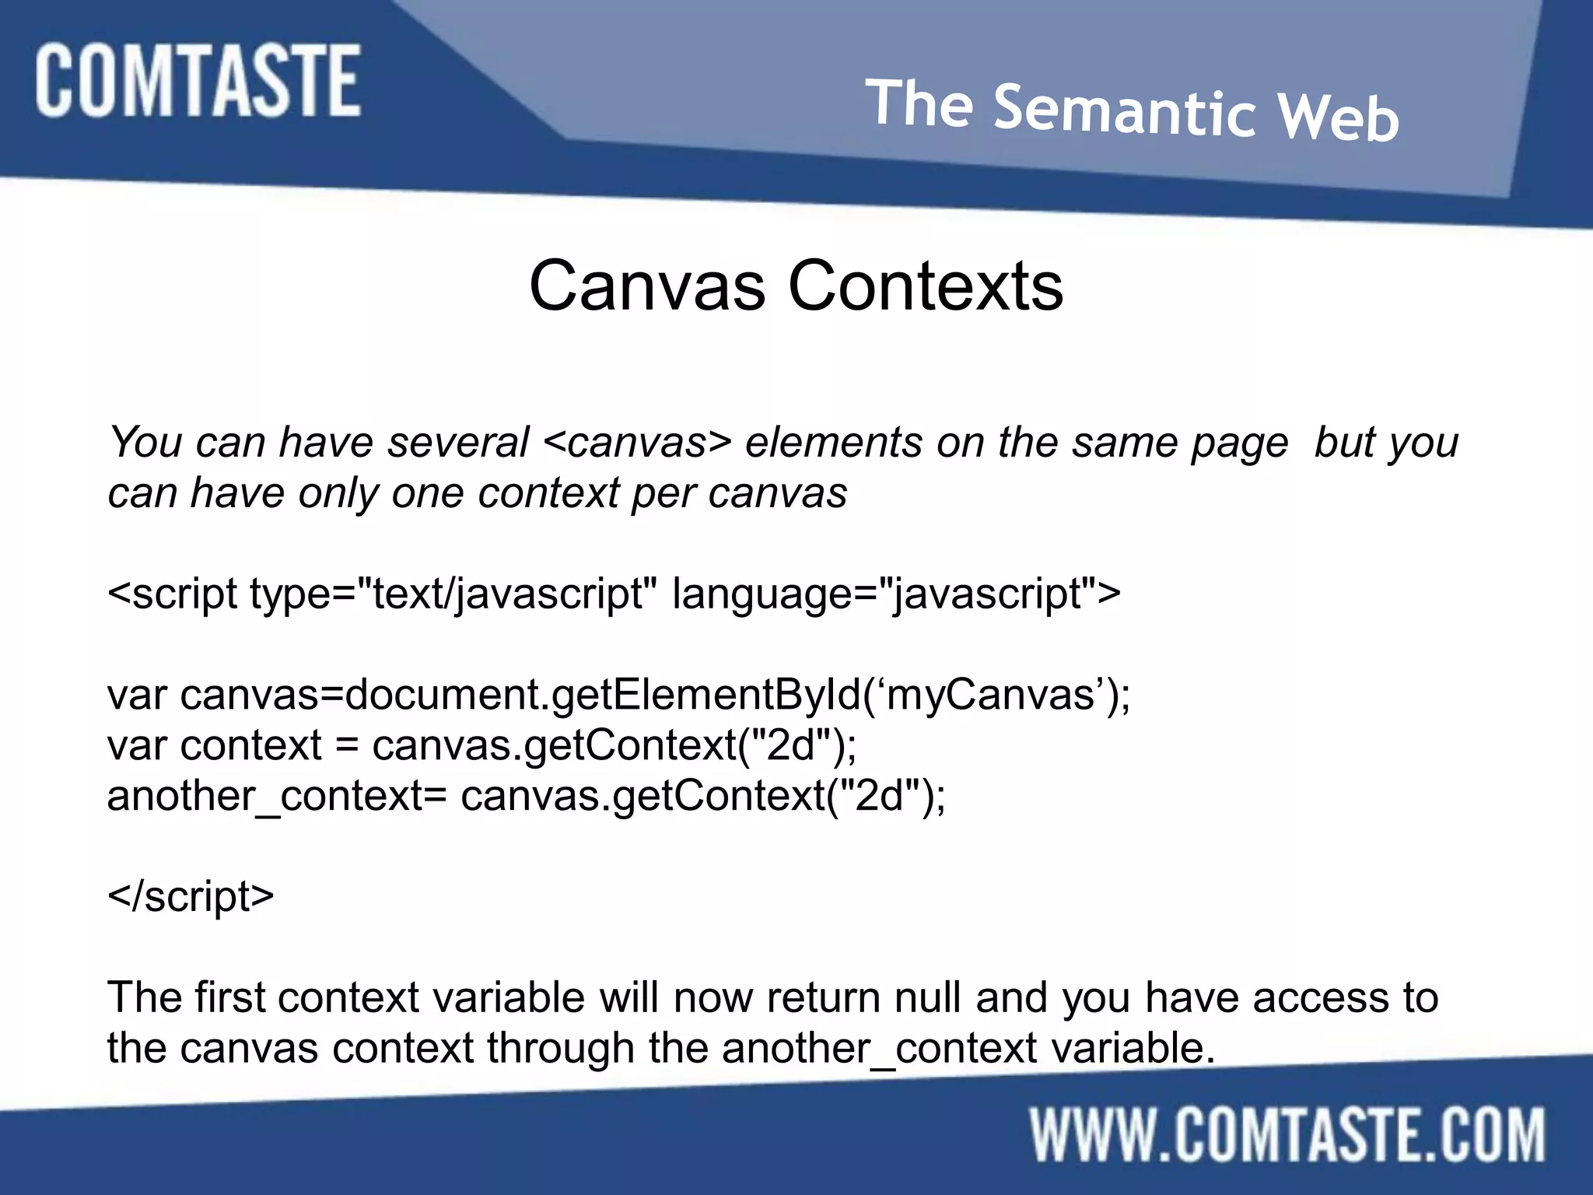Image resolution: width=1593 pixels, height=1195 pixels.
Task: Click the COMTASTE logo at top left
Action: point(198,81)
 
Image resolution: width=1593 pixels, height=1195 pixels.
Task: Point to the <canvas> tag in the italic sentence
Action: point(637,443)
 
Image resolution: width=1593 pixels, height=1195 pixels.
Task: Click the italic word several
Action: point(458,443)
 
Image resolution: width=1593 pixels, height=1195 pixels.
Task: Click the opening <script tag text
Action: point(172,594)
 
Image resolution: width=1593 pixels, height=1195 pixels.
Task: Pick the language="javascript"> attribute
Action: point(896,594)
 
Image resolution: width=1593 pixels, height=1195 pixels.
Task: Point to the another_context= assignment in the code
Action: point(277,796)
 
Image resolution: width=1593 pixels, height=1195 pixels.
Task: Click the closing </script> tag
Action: point(191,896)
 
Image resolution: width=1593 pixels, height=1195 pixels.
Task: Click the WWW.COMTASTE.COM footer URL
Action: point(1287,1135)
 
